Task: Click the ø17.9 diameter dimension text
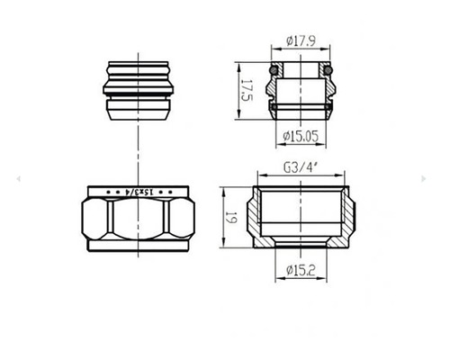pos(301,40)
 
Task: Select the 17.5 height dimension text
pos(245,90)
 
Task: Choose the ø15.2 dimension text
pos(301,266)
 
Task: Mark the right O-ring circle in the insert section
pos(328,69)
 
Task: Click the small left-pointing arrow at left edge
pos(18,180)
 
